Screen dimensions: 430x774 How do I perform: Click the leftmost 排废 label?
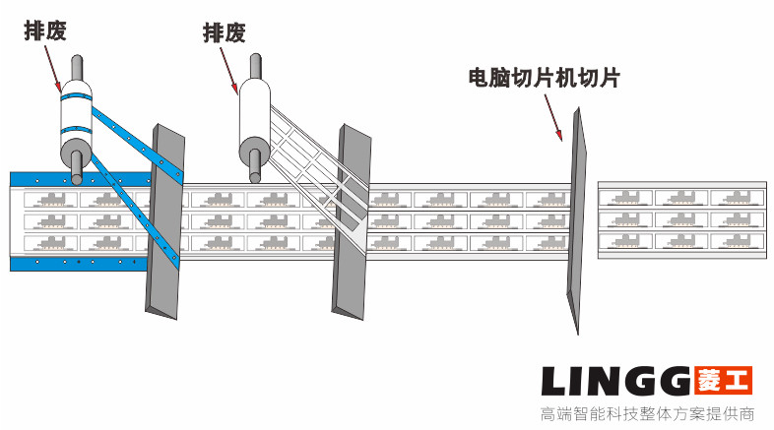pyautogui.click(x=45, y=31)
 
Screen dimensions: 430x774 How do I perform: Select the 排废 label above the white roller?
pyautogui.click(x=224, y=32)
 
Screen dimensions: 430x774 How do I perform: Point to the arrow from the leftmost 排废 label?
pyautogui.click(x=56, y=64)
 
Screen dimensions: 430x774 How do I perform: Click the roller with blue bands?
pyautogui.click(x=75, y=123)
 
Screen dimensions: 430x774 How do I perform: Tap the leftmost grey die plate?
pyautogui.click(x=163, y=221)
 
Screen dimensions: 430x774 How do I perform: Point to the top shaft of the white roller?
pyautogui.click(x=256, y=67)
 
